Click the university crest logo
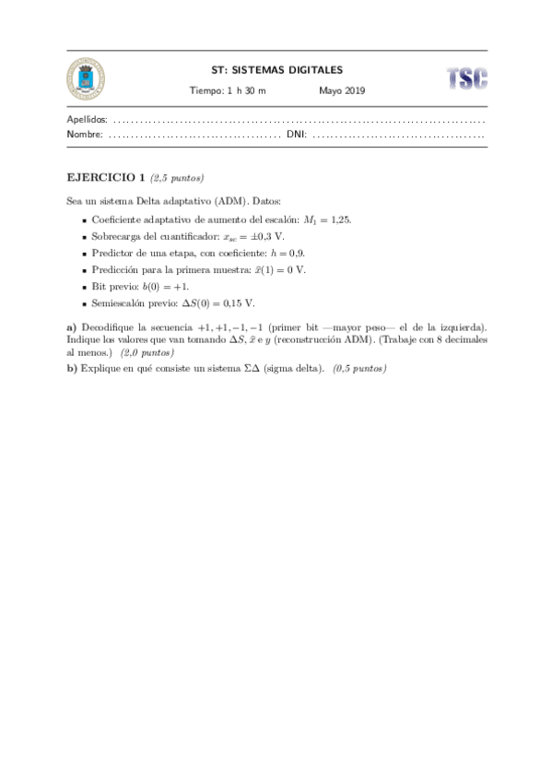(x=86, y=77)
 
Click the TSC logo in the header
(x=466, y=78)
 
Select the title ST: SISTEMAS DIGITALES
(x=276, y=69)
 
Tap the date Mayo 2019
(x=342, y=90)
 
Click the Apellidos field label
(x=88, y=120)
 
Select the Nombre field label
(x=86, y=135)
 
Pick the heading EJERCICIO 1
(x=106, y=176)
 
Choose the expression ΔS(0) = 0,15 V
(x=213, y=302)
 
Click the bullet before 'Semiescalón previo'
(x=84, y=302)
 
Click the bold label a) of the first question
(x=72, y=326)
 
